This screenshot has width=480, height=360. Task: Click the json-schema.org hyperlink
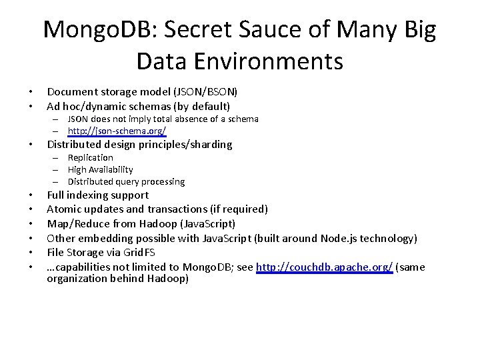(117, 131)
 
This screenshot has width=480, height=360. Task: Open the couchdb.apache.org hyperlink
(325, 267)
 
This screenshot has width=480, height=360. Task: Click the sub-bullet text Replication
(91, 157)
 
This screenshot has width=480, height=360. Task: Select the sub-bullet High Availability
(100, 169)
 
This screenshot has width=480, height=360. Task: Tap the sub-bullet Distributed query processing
(126, 181)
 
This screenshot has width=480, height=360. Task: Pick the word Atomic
(63, 209)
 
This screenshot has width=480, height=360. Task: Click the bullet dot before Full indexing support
(31, 196)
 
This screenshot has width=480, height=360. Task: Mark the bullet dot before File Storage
(31, 253)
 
